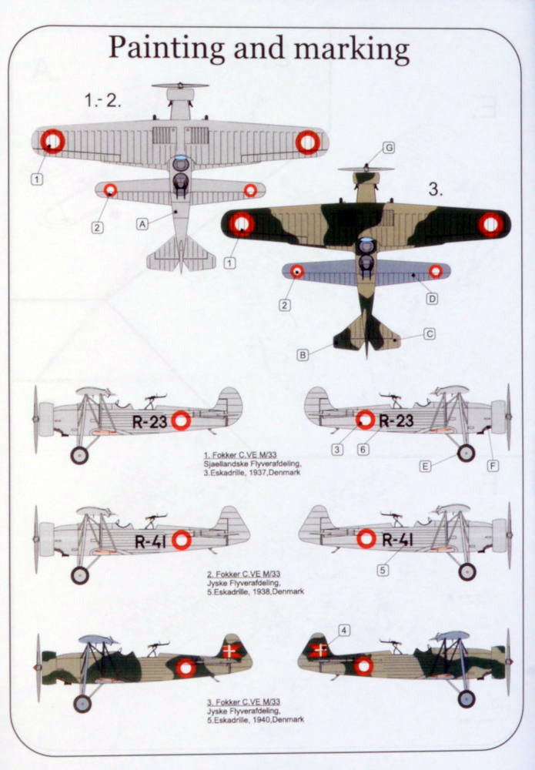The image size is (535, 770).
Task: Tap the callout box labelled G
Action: [x=389, y=147]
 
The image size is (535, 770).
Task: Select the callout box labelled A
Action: [x=142, y=224]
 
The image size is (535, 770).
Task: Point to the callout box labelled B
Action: [x=303, y=355]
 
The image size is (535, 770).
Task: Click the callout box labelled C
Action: [x=430, y=334]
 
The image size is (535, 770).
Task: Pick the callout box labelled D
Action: [x=432, y=299]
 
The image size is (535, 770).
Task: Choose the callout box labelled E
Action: [x=425, y=466]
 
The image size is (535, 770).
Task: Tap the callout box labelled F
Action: [x=493, y=466]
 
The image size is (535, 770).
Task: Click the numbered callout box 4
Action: [x=344, y=631]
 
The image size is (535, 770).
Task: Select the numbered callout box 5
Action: [x=383, y=570]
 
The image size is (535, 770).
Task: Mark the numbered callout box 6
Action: [x=363, y=449]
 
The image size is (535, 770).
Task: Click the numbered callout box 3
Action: [x=337, y=449]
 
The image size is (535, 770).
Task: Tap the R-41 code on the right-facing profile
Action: [x=397, y=540]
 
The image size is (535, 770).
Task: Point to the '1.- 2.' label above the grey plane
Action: [x=103, y=100]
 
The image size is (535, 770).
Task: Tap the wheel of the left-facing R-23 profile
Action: [x=79, y=455]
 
